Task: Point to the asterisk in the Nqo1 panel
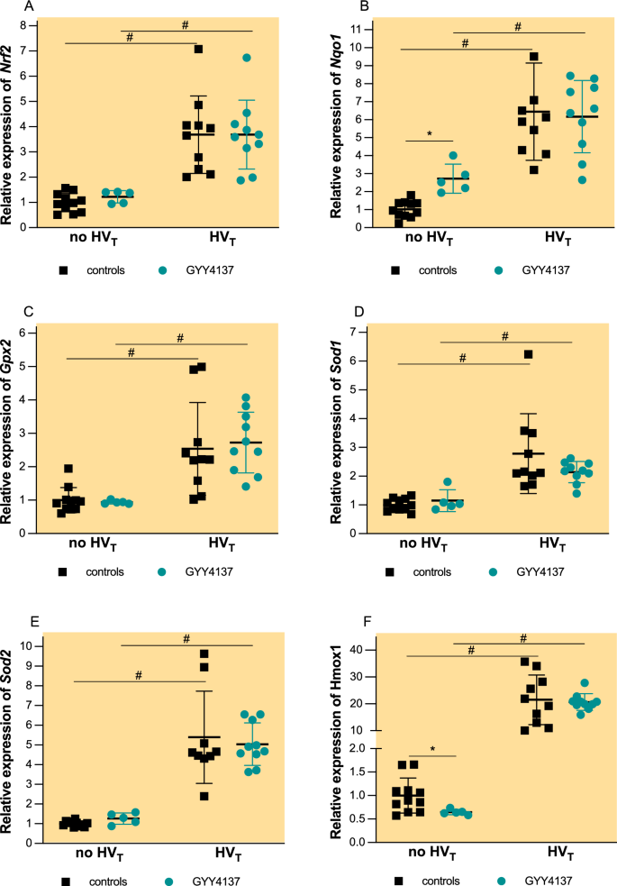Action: (x=429, y=133)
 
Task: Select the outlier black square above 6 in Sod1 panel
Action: (x=528, y=354)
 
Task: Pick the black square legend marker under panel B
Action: (x=395, y=269)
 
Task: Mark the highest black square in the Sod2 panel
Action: (x=204, y=654)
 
